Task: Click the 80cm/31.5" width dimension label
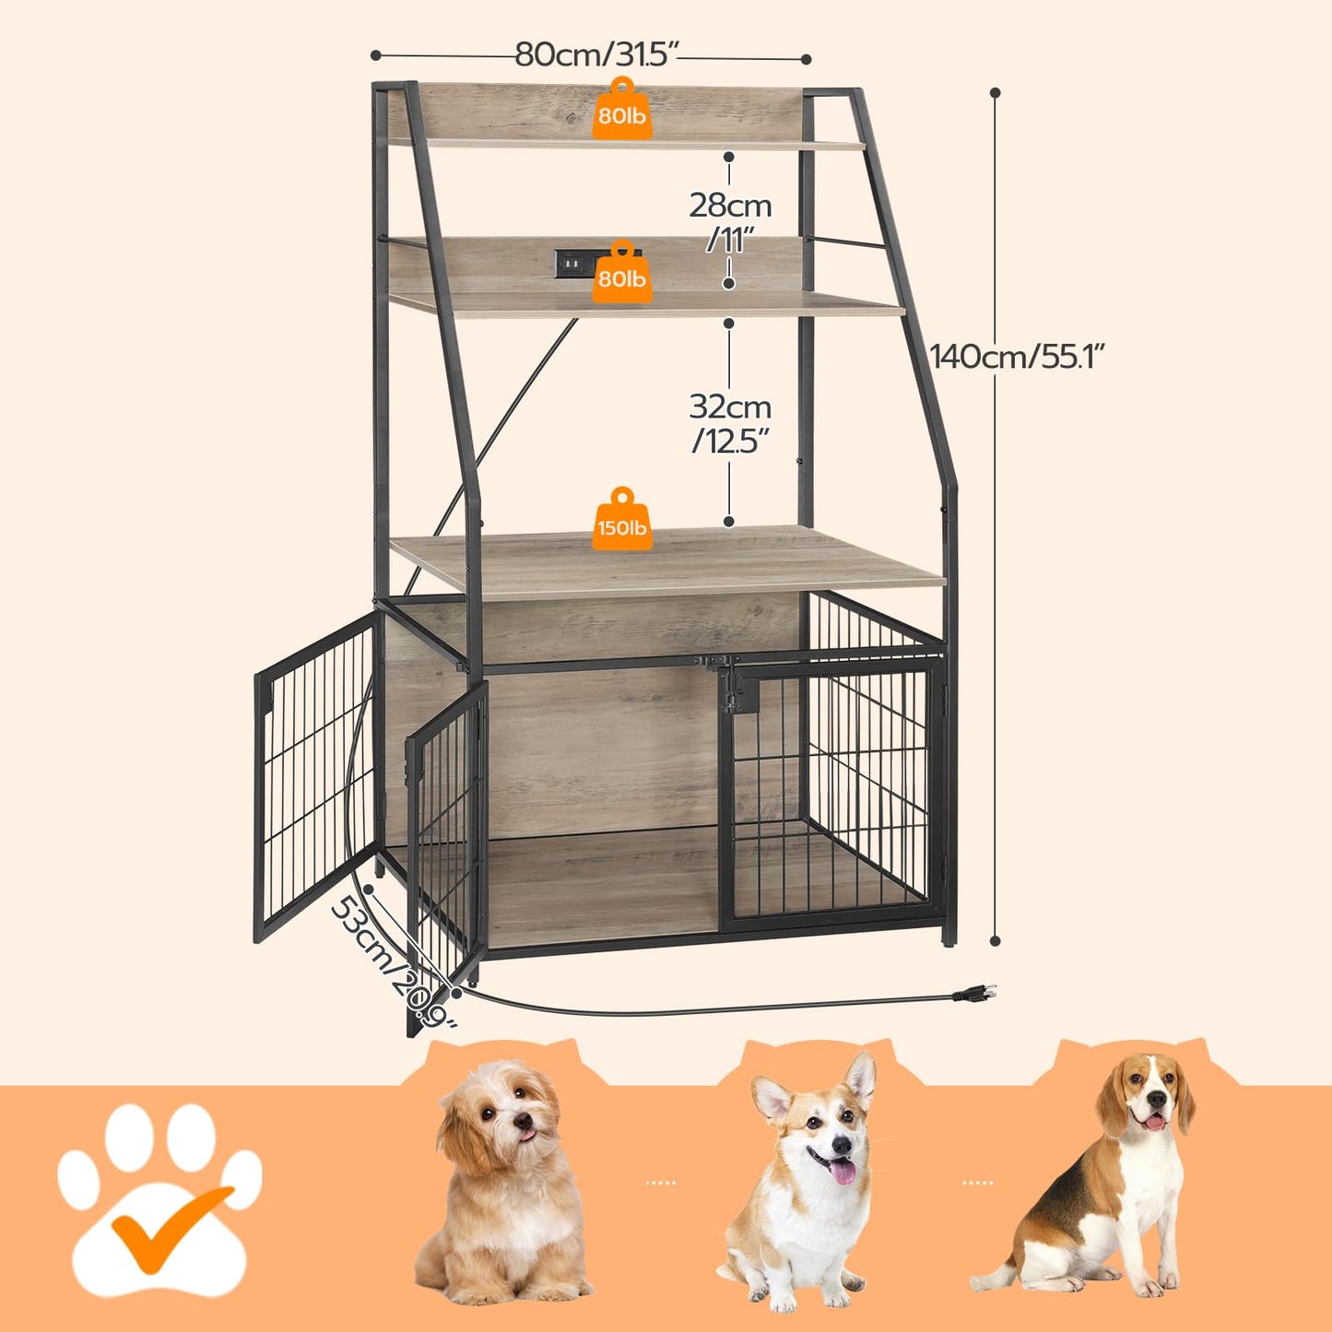pyautogui.click(x=596, y=54)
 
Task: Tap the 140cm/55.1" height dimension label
pyautogui.click(x=1017, y=355)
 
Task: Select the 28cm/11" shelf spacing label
pyautogui.click(x=730, y=221)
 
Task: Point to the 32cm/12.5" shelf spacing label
pyautogui.click(x=730, y=423)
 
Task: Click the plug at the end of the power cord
pyautogui.click(x=976, y=994)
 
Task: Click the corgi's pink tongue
pyautogui.click(x=841, y=1172)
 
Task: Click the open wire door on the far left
pyautogui.click(x=315, y=774)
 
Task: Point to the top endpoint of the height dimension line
pyautogui.click(x=996, y=92)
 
